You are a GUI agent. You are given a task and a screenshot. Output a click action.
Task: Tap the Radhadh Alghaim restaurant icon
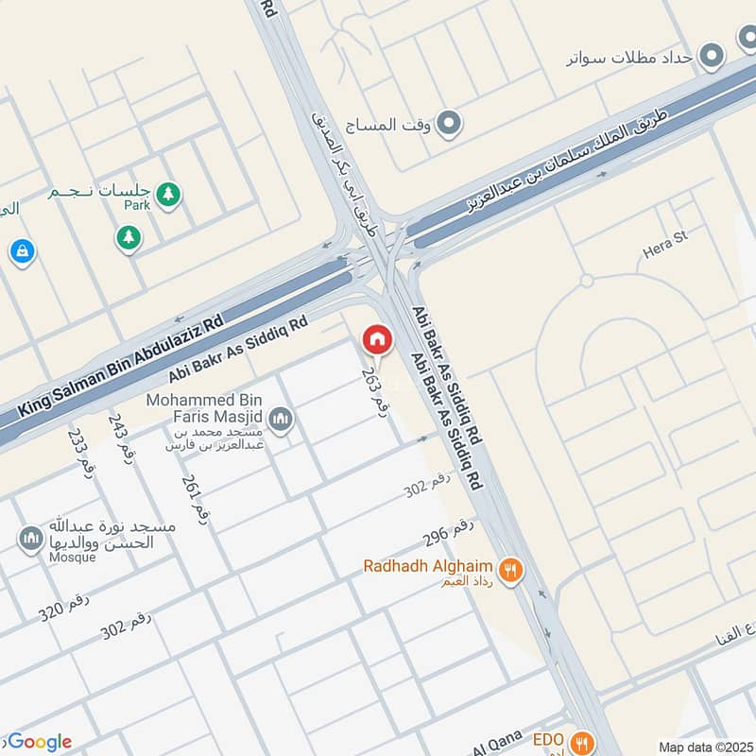(511, 569)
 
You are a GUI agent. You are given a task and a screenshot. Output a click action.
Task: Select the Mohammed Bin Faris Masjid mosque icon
(280, 418)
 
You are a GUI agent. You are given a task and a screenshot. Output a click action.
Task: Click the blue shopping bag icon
(21, 251)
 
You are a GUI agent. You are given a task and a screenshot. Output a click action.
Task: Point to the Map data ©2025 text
(706, 747)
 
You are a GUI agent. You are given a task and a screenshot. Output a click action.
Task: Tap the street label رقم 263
(376, 388)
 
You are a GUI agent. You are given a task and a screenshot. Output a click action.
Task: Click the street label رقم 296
(448, 532)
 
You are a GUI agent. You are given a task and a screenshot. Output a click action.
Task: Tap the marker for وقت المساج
(451, 123)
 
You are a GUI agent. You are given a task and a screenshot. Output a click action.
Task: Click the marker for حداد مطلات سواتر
(714, 56)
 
